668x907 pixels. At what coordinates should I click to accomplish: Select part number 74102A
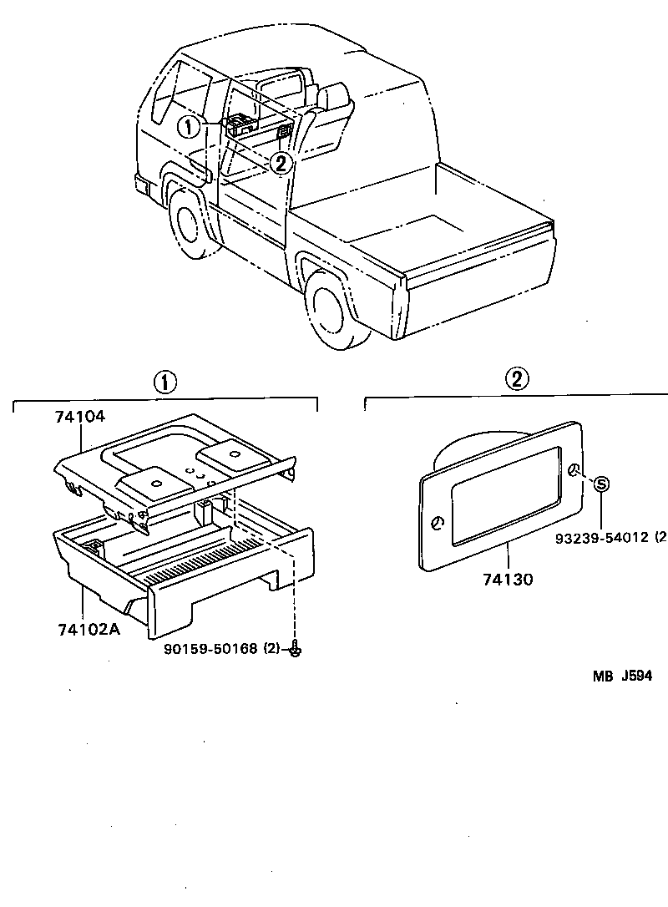[x=88, y=629]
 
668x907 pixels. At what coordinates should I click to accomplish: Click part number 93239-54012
[x=606, y=535]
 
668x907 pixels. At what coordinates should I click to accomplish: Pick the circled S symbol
[x=602, y=484]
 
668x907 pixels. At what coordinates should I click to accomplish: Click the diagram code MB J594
[x=622, y=676]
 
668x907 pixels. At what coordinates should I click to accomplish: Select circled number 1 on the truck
[x=190, y=127]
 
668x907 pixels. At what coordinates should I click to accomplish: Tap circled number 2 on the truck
[x=282, y=163]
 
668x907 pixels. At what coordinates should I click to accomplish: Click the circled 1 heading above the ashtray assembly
[x=164, y=383]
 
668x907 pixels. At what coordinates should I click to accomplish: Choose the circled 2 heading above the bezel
[x=517, y=379]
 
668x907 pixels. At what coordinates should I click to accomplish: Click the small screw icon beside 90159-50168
[x=295, y=646]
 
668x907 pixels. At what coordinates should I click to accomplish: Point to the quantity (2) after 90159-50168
[x=272, y=647]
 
